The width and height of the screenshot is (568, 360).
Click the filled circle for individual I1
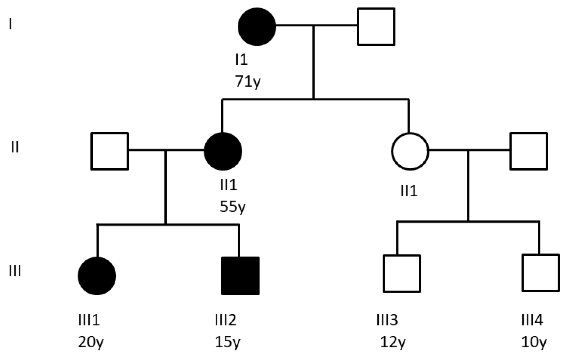pos(257,27)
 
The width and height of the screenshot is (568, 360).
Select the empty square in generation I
pos(376,27)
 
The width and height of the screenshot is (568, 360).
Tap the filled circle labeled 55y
pos(223,151)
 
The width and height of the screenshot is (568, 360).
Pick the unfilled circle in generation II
pos(410,151)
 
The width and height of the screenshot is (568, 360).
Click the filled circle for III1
pos(97,276)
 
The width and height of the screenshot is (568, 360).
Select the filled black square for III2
pos(240,276)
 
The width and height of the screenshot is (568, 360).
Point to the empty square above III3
pos(402,274)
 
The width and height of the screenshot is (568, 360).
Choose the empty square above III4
pos(541,273)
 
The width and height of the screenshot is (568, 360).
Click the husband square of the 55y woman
pos(109,151)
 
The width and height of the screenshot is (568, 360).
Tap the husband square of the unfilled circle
pos(529,151)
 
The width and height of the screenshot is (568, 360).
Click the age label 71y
pos(248,81)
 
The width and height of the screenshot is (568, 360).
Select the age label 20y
pos(91,342)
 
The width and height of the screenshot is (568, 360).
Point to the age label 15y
pos(227,342)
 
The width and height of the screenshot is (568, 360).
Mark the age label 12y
pos(393,342)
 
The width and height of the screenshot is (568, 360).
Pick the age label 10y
pos(534,342)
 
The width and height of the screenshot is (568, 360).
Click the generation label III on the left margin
pos(15,271)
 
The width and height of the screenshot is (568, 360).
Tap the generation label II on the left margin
pos(15,147)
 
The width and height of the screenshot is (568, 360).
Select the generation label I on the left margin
pos(11,24)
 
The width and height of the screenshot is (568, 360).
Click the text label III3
pos(387,320)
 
